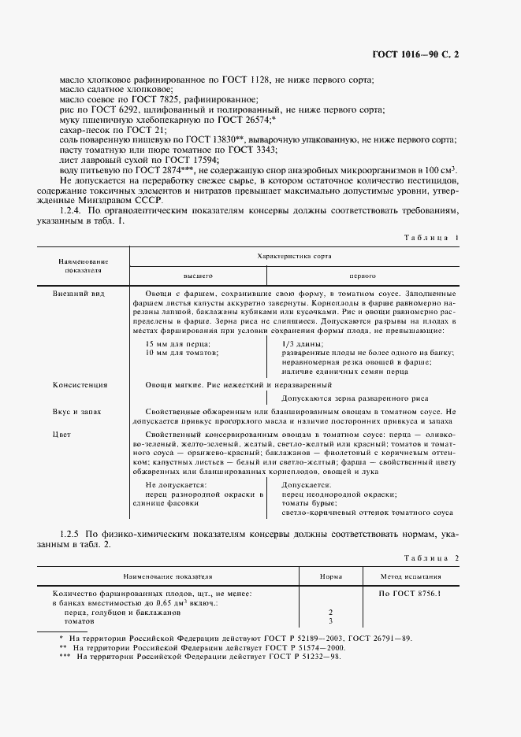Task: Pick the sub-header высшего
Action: tap(199, 276)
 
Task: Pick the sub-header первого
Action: tap(362, 276)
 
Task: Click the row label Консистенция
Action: tap(80, 385)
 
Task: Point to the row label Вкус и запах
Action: tap(76, 412)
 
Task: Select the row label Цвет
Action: tap(61, 434)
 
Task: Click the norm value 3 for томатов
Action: tap(330, 620)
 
